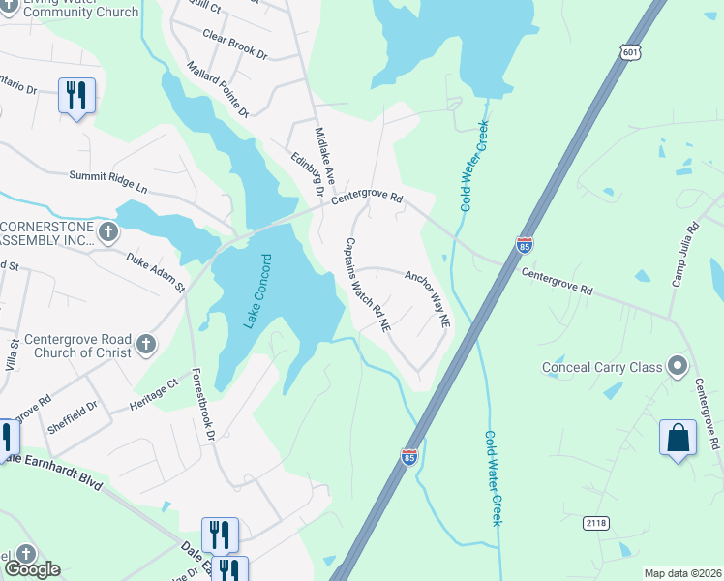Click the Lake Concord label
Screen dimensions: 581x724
[256, 291]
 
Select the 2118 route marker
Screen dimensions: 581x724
[595, 522]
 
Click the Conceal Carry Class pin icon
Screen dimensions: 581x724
[677, 367]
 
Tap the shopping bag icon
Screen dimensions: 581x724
[678, 437]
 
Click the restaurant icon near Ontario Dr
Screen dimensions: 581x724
[76, 95]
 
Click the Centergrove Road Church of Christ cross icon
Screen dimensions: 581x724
[145, 345]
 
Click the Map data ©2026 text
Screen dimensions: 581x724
[682, 573]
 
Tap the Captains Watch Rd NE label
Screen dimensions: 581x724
[368, 286]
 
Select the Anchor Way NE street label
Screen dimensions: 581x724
[428, 298]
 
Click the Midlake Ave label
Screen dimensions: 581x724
[324, 156]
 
